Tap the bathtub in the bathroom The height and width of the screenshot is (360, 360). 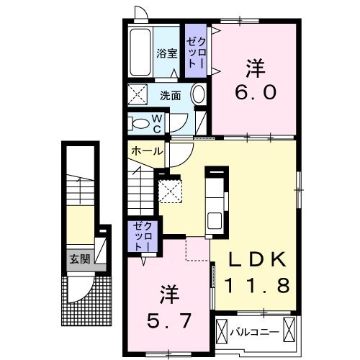coord(140,53)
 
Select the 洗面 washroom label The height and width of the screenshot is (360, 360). coord(171,94)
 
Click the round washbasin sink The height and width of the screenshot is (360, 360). coord(199,94)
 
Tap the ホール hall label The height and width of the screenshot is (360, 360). coord(146,152)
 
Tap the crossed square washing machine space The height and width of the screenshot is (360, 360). coord(137,94)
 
